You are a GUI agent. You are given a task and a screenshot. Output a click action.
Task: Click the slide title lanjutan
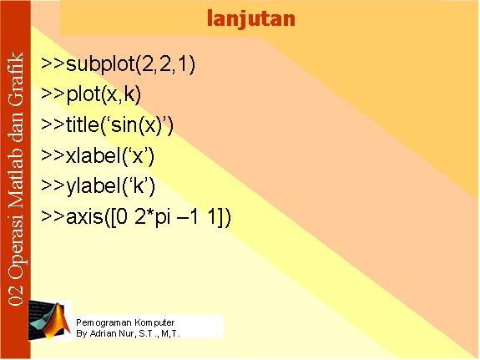point(251,19)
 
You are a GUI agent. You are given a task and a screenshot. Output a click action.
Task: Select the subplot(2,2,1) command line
point(118,64)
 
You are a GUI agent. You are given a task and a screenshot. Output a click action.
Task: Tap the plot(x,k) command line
point(91,94)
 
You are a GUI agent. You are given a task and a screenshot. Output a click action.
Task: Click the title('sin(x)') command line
point(107,125)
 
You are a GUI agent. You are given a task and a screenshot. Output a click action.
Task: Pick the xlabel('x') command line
point(98,156)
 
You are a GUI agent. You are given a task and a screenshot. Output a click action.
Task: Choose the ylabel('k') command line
point(98,186)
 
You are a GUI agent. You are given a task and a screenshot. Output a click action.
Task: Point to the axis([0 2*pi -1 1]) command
point(136,217)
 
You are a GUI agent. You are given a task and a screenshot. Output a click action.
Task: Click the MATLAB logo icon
point(49,321)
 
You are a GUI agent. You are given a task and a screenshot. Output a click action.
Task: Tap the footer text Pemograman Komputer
point(125,322)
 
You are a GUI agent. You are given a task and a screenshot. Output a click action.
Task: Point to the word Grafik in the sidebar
point(16,79)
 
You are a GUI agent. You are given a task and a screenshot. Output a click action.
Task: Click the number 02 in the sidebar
point(16,295)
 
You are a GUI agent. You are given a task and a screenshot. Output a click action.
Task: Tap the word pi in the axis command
point(163,218)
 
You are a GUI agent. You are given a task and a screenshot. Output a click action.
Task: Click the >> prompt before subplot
point(53,63)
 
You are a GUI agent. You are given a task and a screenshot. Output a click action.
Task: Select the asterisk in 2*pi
point(150,213)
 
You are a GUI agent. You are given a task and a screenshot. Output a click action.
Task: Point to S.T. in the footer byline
point(148,333)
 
